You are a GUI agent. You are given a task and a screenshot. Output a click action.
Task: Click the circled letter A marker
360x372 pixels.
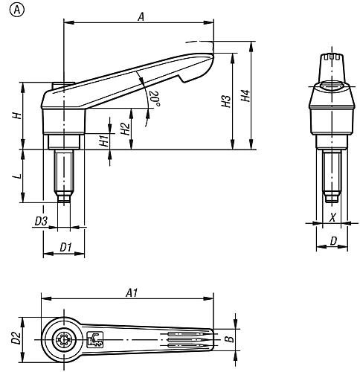coord(10,10)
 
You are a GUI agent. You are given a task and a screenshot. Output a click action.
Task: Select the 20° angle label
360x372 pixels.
coord(154,98)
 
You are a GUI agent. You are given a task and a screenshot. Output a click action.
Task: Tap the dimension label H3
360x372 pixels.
coord(226,102)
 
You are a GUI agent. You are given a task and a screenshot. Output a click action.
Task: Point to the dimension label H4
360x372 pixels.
coord(245,97)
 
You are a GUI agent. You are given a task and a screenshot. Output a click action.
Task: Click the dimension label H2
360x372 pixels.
coord(126,127)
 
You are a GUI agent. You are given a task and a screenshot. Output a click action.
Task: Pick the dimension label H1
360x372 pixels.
coord(103,141)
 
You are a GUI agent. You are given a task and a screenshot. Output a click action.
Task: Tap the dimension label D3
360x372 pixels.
coord(41,221)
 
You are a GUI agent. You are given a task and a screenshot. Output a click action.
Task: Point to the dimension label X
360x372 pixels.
coord(332,219)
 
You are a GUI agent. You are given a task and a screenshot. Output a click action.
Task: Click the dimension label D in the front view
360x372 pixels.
coord(332,240)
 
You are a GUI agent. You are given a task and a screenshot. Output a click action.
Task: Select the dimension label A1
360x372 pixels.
coord(131,293)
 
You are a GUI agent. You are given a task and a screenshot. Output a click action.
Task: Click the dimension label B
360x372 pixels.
coord(229,339)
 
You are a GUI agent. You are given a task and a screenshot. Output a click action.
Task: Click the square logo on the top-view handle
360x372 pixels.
coord(96,339)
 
